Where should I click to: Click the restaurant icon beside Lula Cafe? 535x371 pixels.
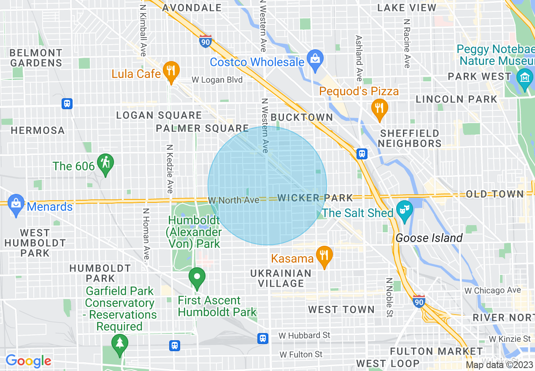click(x=170, y=70)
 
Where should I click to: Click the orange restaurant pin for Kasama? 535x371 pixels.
click(x=324, y=255)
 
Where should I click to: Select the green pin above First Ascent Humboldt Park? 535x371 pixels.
click(x=197, y=277)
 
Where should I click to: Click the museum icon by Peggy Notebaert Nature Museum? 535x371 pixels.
click(x=524, y=78)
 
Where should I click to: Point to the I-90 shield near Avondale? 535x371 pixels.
click(x=205, y=41)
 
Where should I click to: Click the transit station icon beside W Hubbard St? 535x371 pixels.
click(x=263, y=338)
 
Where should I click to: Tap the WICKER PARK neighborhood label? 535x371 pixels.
click(x=315, y=198)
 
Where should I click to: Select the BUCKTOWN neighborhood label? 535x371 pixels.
click(x=302, y=117)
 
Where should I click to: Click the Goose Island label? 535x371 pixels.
click(x=429, y=238)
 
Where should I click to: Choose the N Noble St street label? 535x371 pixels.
click(x=389, y=297)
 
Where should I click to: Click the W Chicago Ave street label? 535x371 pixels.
click(x=492, y=290)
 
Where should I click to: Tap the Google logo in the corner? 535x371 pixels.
click(x=28, y=361)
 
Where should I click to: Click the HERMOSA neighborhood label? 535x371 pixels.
click(x=38, y=130)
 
